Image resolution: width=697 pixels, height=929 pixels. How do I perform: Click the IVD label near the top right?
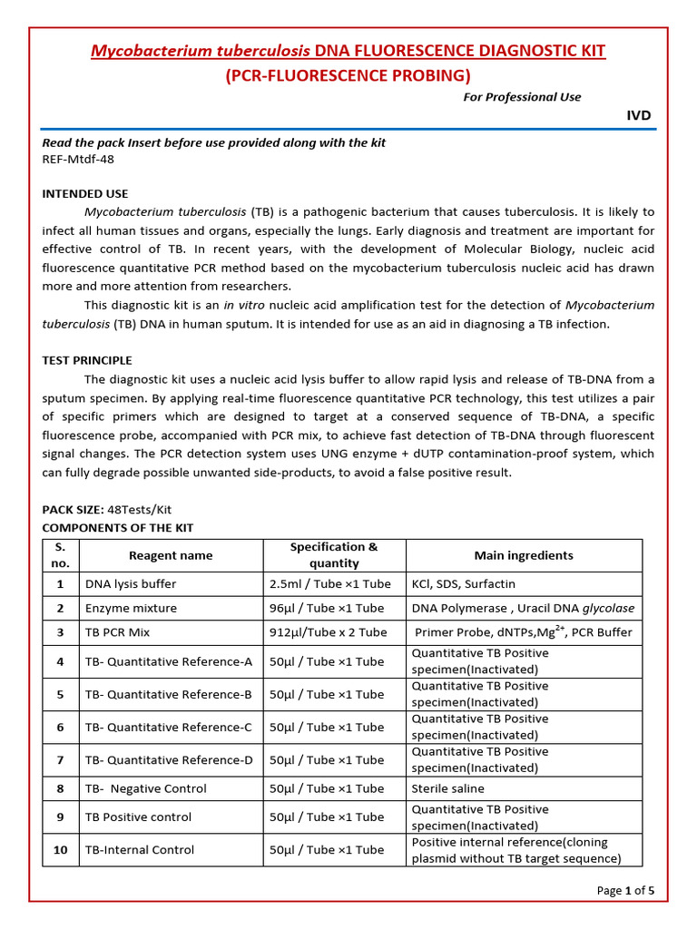tap(639, 115)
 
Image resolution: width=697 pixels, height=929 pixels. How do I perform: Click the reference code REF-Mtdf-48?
tap(78, 159)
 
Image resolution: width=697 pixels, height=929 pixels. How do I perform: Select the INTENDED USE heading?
tap(85, 193)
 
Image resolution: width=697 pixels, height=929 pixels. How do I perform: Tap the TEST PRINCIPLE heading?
tap(87, 360)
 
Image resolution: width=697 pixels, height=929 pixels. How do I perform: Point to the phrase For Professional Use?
tap(522, 97)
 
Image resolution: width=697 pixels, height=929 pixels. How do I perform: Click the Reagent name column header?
tap(171, 555)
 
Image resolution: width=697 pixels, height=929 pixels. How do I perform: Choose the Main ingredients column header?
tap(524, 555)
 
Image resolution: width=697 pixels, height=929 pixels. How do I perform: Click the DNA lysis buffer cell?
tap(131, 584)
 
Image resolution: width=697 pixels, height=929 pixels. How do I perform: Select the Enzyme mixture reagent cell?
tap(131, 608)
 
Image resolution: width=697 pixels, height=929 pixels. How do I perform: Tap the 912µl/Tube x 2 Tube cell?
tap(329, 632)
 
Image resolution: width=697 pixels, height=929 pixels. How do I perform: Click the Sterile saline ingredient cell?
tap(448, 788)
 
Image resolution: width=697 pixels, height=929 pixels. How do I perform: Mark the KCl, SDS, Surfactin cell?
tap(476, 584)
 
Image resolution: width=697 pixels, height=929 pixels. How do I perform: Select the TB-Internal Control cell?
tap(140, 850)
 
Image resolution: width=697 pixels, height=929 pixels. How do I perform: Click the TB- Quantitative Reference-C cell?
tap(169, 727)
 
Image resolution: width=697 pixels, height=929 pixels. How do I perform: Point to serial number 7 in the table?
tap(60, 759)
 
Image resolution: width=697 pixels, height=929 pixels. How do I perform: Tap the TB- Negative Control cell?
tap(145, 788)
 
